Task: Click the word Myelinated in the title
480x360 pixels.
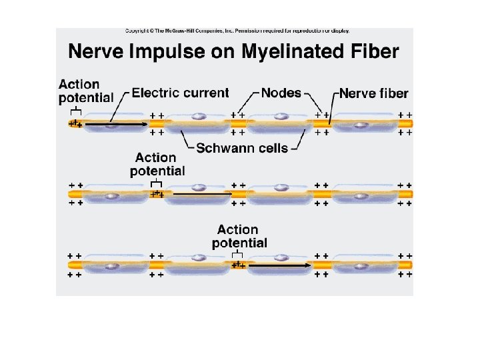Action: [x=293, y=52]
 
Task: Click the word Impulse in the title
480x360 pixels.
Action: [x=167, y=52]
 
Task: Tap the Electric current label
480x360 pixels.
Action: [x=180, y=93]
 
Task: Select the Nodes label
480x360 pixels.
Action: [x=281, y=93]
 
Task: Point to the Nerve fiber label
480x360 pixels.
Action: [x=374, y=93]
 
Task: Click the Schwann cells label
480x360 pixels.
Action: [x=242, y=148]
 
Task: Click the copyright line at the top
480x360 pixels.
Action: [x=237, y=31]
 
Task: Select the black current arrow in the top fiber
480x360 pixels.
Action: [x=117, y=124]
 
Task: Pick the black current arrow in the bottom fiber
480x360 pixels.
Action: [x=280, y=265]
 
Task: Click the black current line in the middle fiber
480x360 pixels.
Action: [x=203, y=194]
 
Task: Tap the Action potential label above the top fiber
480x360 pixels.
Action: [x=86, y=91]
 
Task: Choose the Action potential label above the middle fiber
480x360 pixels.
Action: [x=157, y=165]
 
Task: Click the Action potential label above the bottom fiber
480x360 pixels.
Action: [x=239, y=237]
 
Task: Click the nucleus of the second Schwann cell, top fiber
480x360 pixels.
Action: [x=199, y=116]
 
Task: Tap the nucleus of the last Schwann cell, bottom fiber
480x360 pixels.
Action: [x=361, y=266]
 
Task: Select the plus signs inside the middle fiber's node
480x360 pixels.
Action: [x=157, y=194]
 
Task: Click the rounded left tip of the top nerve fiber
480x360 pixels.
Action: [x=69, y=124]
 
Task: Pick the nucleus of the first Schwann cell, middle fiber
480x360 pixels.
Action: [x=111, y=196]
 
